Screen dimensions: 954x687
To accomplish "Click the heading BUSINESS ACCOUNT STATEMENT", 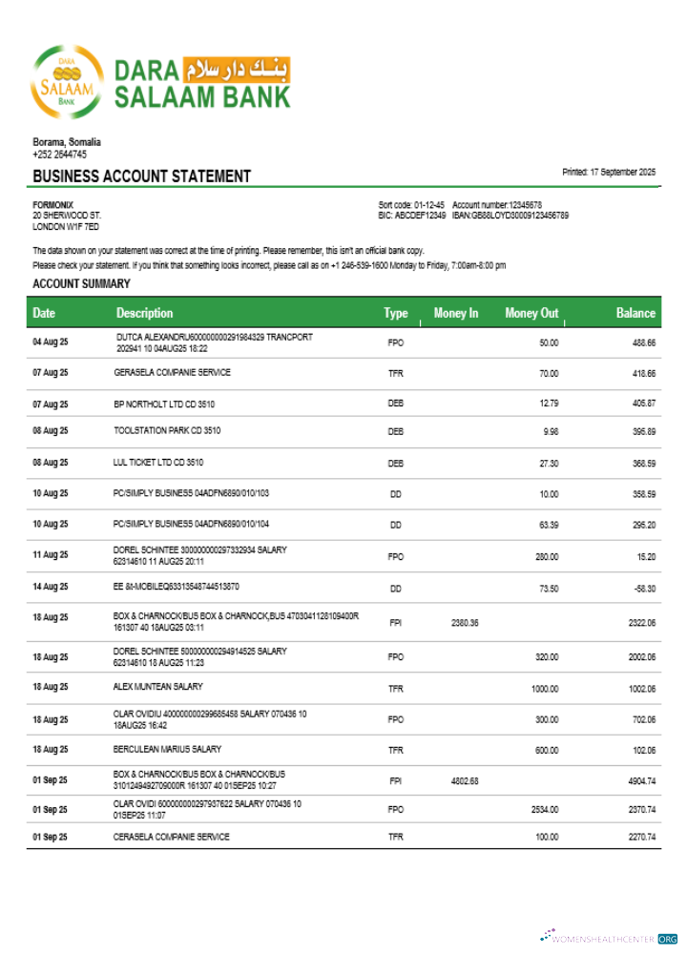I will (141, 176).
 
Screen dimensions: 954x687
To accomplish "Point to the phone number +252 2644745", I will (59, 154).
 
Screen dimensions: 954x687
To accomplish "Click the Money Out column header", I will (531, 313).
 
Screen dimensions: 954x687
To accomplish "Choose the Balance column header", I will (635, 313).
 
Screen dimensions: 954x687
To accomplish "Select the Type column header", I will (395, 313).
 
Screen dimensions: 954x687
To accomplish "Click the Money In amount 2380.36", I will (464, 622).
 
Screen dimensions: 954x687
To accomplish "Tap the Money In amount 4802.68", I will (464, 780).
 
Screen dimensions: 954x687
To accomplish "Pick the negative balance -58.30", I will (643, 589).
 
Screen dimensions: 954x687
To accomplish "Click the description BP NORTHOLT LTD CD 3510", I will (164, 404).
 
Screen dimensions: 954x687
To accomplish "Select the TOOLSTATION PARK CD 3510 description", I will (167, 431).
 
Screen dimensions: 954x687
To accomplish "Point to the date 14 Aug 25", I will (51, 589).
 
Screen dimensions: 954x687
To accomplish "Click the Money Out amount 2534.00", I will (544, 809).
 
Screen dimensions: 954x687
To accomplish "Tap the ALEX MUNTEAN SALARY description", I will (158, 687).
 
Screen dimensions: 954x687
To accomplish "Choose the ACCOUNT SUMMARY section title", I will (81, 284).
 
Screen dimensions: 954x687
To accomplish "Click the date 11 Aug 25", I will (51, 555).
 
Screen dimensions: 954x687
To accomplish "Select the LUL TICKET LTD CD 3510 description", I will (158, 463).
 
